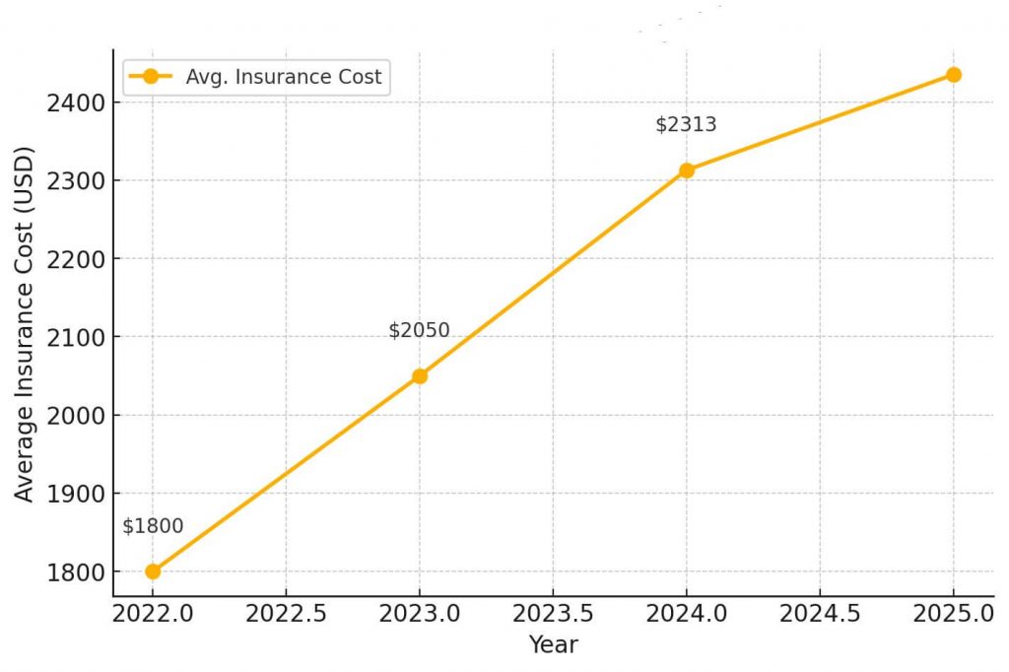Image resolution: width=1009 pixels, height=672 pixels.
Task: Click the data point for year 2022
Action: click(x=153, y=571)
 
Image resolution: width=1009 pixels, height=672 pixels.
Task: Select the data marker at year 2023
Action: click(x=420, y=375)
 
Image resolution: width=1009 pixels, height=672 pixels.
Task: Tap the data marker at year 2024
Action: click(x=687, y=170)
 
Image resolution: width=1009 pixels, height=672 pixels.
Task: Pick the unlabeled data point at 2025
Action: click(x=953, y=75)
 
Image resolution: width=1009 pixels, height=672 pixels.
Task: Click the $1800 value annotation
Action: click(x=153, y=526)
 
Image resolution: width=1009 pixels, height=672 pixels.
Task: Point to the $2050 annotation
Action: click(x=419, y=330)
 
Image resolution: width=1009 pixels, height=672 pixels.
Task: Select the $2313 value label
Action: click(x=686, y=125)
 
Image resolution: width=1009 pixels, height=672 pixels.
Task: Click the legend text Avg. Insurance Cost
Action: click(x=283, y=77)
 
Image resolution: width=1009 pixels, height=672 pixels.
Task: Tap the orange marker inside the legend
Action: click(x=151, y=77)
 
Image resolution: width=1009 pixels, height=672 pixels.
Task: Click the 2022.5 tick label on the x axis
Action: click(x=286, y=614)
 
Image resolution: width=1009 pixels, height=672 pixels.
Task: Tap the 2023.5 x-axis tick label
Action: click(x=553, y=614)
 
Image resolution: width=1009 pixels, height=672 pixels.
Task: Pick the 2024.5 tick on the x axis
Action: click(x=820, y=614)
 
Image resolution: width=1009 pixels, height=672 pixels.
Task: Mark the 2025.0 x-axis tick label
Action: click(x=952, y=614)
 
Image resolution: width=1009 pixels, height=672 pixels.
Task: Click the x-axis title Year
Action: click(x=553, y=645)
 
